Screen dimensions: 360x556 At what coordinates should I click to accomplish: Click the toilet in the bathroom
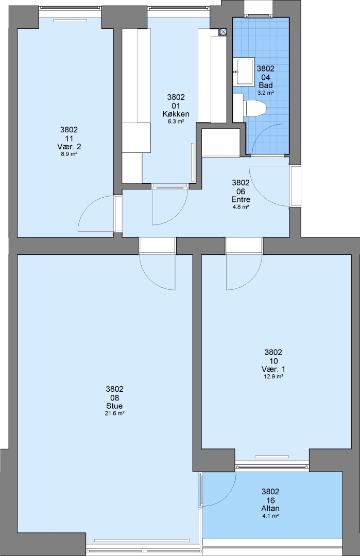[254, 109]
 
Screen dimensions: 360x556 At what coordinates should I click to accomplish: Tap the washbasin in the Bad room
[244, 72]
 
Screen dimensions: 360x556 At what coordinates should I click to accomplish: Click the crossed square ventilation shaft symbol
[223, 31]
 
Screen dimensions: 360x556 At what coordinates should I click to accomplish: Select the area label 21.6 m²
[114, 413]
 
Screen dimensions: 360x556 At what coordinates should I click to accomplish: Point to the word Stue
[114, 406]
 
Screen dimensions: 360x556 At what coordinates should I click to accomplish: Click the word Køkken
[176, 114]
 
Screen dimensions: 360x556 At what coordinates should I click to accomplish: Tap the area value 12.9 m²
[273, 376]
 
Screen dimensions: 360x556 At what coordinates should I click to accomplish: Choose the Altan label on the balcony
[270, 508]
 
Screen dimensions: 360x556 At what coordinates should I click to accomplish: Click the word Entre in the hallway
[241, 199]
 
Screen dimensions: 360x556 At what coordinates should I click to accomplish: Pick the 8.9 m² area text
[69, 154]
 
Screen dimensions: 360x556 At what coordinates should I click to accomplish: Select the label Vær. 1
[273, 369]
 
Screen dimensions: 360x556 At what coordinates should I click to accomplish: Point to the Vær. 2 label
[69, 147]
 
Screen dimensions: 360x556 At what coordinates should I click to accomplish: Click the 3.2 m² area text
[265, 93]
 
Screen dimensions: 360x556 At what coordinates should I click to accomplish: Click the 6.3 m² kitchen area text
[176, 121]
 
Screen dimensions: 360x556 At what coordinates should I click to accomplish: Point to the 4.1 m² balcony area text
[270, 516]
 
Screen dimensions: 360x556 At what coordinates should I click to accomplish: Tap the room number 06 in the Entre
[241, 192]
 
